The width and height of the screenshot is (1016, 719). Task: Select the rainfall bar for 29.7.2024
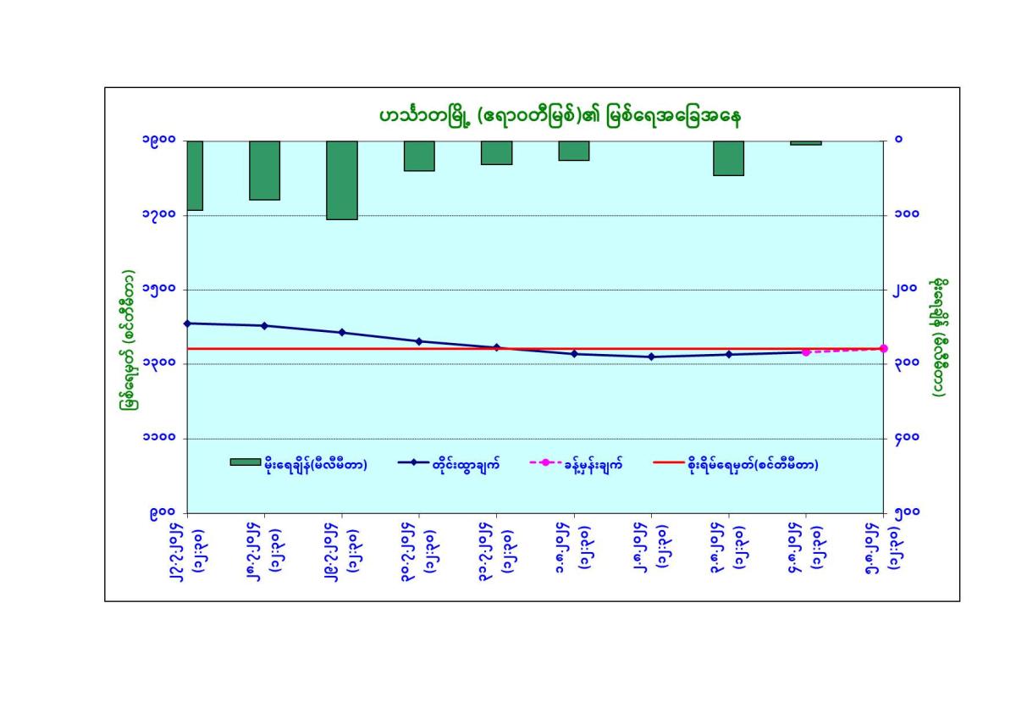point(342,180)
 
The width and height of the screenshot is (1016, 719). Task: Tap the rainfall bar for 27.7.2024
point(194,175)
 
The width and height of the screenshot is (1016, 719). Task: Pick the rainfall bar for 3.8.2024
point(728,158)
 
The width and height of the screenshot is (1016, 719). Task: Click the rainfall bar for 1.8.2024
point(573,151)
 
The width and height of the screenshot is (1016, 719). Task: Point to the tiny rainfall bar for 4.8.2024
point(805,143)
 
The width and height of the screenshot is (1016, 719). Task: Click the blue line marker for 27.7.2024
point(187,324)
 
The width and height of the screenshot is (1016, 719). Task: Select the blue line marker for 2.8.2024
point(651,357)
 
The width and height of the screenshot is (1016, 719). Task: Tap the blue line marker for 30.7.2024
point(419,341)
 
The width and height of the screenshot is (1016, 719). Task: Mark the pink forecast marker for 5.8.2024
point(883,349)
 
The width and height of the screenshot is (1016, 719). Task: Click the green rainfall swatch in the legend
point(245,462)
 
